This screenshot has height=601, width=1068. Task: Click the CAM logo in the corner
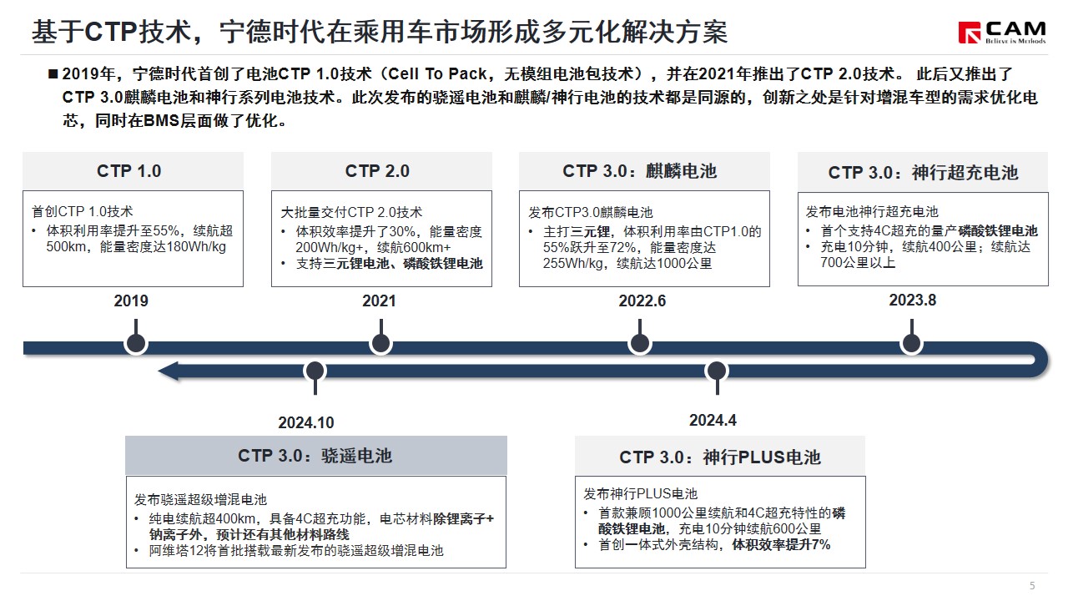(1002, 33)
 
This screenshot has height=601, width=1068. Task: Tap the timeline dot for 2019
(136, 343)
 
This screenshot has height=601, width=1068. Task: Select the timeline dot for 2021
(381, 343)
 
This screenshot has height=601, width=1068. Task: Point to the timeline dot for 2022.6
(640, 343)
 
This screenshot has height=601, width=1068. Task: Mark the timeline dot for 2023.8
(912, 343)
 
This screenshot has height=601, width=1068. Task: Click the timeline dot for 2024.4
(717, 371)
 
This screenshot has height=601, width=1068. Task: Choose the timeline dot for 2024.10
(315, 371)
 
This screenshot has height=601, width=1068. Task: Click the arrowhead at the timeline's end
(168, 371)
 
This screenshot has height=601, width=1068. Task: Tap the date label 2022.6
(642, 301)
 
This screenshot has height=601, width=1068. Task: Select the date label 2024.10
(306, 422)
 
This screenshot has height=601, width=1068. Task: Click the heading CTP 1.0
(128, 171)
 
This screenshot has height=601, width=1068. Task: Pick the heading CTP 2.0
(377, 171)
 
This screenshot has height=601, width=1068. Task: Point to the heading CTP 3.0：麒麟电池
(640, 171)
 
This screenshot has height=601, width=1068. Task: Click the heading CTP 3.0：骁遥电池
(315, 456)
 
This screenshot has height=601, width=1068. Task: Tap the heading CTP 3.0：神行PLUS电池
(720, 457)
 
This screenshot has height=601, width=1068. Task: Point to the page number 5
(1032, 586)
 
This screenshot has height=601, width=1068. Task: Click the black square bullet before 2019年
(53, 74)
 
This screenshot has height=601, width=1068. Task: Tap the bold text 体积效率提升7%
(781, 545)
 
